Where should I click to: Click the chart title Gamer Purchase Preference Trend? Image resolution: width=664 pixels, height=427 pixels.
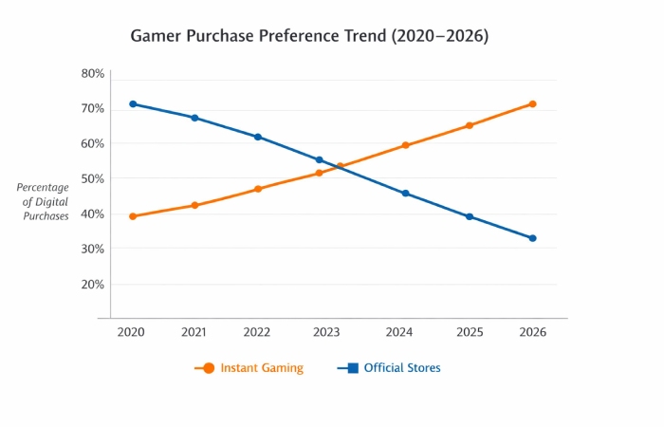point(308,36)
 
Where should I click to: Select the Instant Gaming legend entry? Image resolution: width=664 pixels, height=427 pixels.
point(250,368)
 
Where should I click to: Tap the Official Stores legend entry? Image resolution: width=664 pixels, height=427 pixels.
point(389,368)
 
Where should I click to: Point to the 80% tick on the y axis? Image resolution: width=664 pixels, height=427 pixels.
point(92,74)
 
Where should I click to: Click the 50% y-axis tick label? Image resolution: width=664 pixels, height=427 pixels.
point(92,178)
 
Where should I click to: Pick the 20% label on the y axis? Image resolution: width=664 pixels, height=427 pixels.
point(92,284)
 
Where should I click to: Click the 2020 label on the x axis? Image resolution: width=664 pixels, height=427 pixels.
point(132,332)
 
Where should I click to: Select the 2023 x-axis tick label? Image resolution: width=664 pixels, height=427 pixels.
point(325,332)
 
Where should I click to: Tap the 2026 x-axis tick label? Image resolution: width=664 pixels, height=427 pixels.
point(532,332)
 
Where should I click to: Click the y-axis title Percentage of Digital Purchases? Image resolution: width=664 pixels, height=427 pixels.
point(44,202)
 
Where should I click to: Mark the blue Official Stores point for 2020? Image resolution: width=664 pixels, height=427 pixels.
point(133,104)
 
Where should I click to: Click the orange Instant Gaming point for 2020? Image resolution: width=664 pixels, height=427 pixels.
point(133,216)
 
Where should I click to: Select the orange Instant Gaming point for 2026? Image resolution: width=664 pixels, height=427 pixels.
point(532,104)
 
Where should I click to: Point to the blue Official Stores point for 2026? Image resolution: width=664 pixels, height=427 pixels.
point(532,238)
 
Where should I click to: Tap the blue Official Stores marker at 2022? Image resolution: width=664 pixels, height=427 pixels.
point(257,137)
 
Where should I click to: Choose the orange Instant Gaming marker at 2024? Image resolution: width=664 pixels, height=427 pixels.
point(406,145)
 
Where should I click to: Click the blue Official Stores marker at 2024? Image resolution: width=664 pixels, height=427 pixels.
point(406,194)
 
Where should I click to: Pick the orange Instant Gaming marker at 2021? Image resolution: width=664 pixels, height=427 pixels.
point(194,205)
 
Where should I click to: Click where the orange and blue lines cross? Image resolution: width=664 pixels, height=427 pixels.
point(339,167)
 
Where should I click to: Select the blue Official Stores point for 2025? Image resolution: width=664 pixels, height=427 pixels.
point(470,216)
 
